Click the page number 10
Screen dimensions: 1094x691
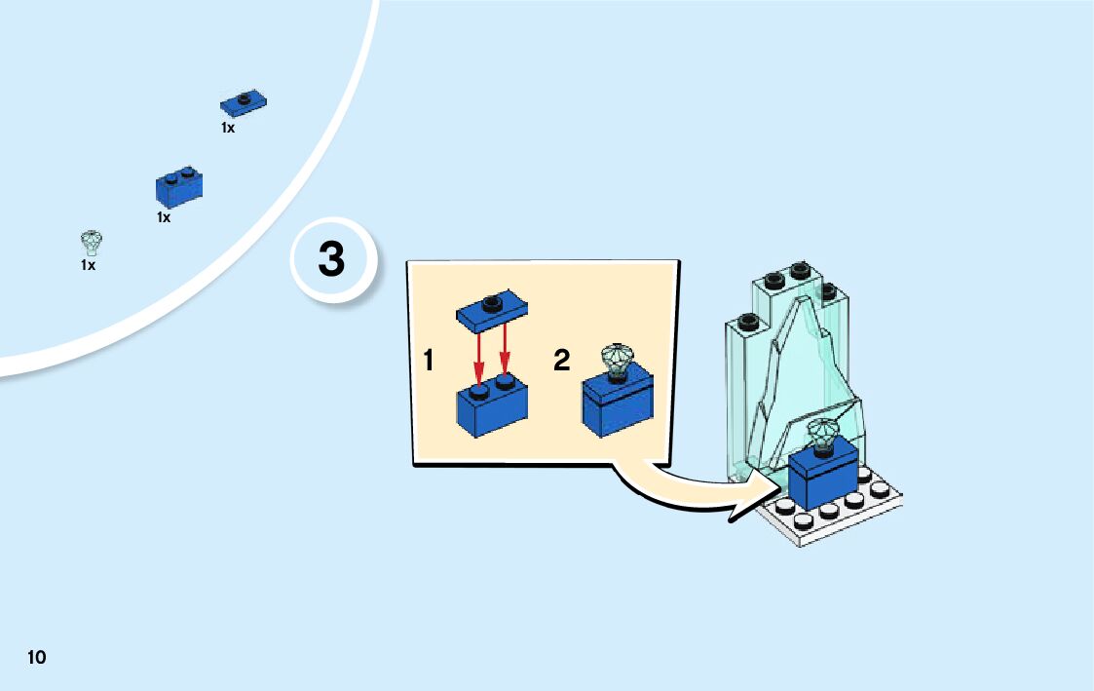pyautogui.click(x=36, y=656)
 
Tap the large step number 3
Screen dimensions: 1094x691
pyautogui.click(x=331, y=260)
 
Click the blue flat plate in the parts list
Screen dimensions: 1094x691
pyautogui.click(x=244, y=101)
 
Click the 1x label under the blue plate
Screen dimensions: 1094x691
pyautogui.click(x=227, y=128)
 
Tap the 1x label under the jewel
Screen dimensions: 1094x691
pyautogui.click(x=88, y=265)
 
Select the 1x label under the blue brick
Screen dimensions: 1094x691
pyautogui.click(x=164, y=218)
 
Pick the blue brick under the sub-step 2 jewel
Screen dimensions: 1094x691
pyautogui.click(x=618, y=405)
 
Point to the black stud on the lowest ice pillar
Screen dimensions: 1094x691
pyautogui.click(x=748, y=320)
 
